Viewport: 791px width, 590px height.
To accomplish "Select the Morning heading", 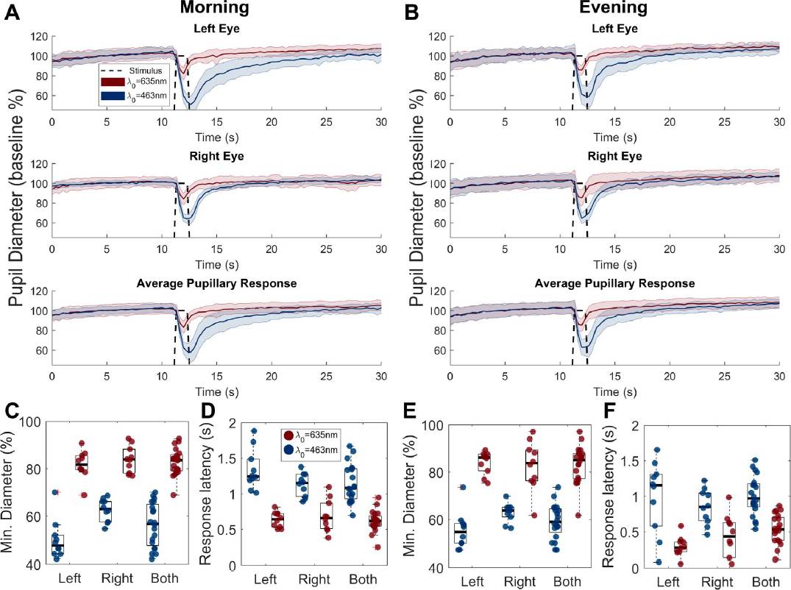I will [216, 9].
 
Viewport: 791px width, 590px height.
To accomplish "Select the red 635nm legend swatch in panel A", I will [115, 81].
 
